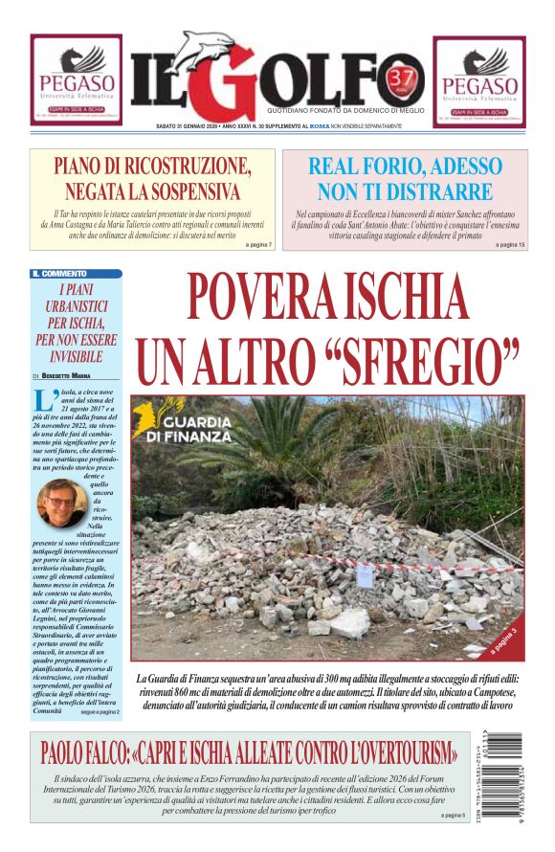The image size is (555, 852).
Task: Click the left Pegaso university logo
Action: coord(76,80)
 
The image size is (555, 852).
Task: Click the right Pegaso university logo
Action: coord(478,81)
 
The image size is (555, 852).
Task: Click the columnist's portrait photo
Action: coord(61,503)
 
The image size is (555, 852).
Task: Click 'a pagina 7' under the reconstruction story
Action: coord(259,245)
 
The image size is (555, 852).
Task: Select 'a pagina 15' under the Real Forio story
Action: coord(510,245)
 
